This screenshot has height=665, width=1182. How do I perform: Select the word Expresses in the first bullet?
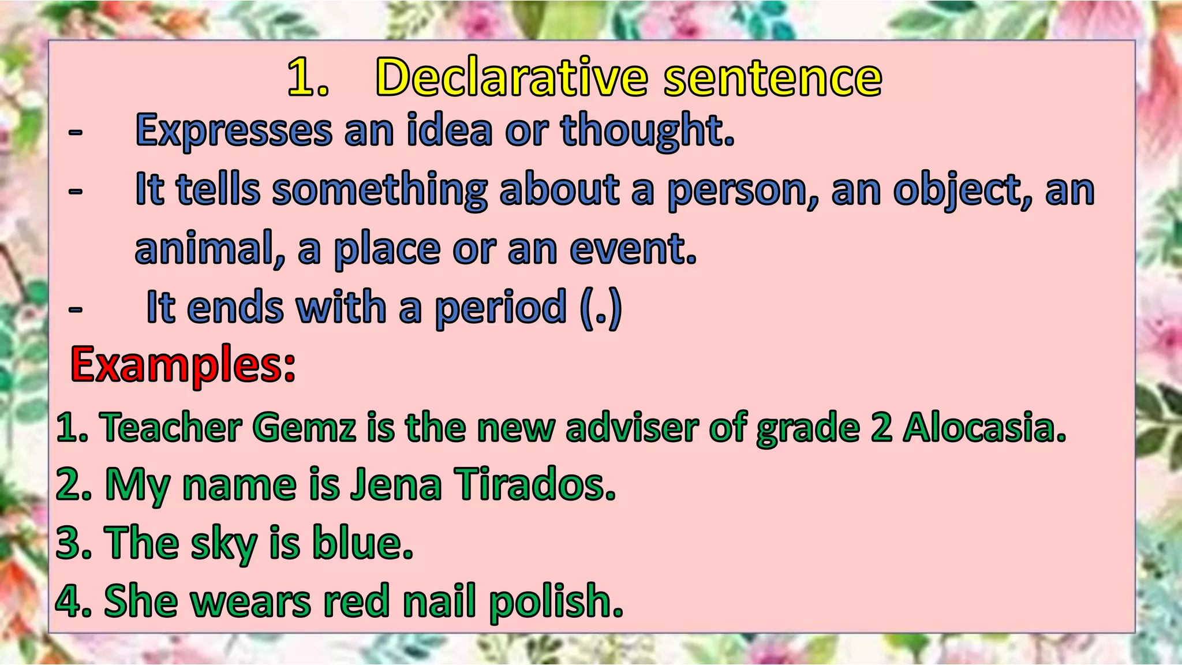point(233,130)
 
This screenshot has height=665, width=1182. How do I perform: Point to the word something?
point(379,190)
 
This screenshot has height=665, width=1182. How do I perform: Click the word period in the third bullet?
point(500,308)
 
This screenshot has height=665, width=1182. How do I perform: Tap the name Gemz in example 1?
point(304,428)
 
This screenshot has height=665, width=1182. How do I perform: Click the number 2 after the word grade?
point(881,428)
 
